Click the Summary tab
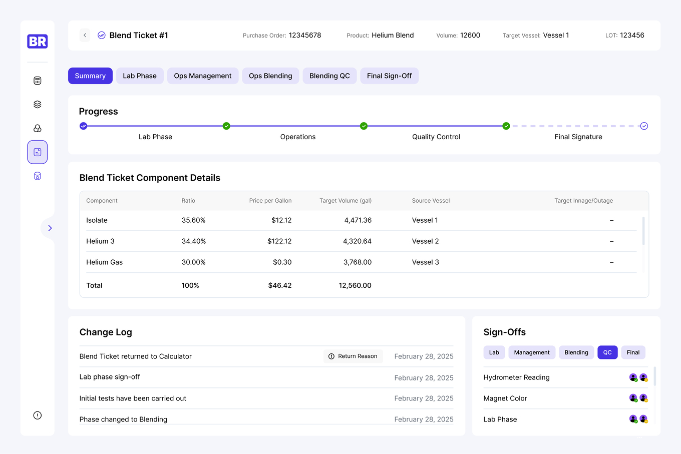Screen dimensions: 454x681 tap(90, 76)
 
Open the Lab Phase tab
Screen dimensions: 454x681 tap(140, 76)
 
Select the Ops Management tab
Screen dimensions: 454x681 tap(203, 76)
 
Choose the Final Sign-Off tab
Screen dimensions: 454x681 tap(389, 76)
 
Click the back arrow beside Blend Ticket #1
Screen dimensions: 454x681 tap(85, 35)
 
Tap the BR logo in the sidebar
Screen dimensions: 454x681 tap(38, 42)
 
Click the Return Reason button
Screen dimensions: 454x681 tap(353, 356)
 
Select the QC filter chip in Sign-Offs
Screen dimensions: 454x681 tap(607, 352)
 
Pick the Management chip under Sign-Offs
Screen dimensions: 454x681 tap(532, 352)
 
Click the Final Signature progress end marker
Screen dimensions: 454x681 tap(644, 126)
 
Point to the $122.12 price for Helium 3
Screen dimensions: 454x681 tap(279, 241)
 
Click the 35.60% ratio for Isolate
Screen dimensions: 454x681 tap(194, 220)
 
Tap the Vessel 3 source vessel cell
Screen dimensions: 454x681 tap(425, 262)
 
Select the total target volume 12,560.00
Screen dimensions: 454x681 tap(355, 285)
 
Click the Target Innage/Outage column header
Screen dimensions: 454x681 tap(583, 201)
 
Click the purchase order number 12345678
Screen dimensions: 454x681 tap(305, 36)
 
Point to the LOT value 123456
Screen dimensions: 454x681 tap(632, 36)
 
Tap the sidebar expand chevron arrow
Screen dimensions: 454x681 tap(50, 228)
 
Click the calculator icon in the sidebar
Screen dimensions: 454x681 tap(38, 81)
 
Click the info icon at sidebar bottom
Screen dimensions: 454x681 tap(38, 415)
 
